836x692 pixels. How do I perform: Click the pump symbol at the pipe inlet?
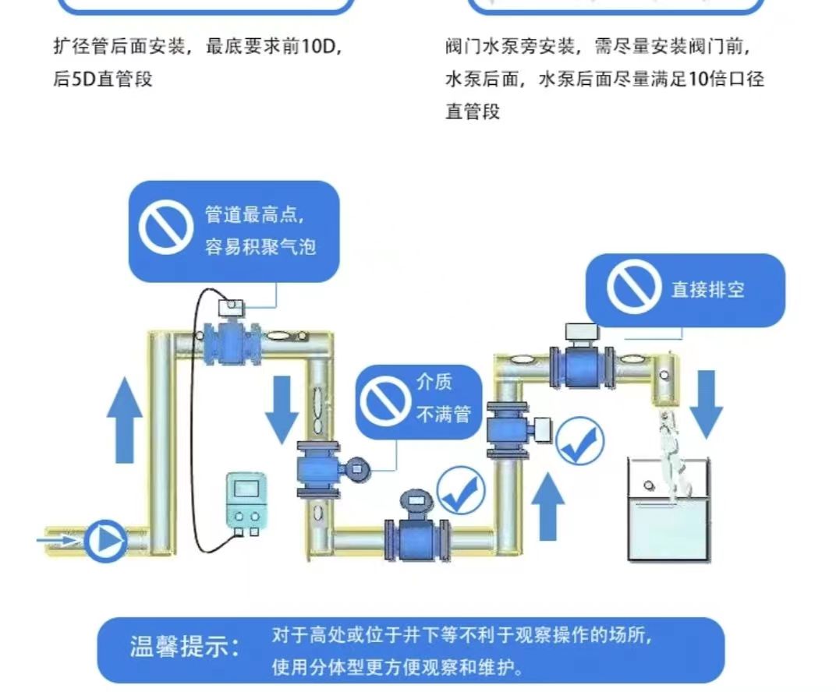(104, 540)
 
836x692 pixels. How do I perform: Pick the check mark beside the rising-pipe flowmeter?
(579, 440)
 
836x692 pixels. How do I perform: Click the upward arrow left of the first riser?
(124, 421)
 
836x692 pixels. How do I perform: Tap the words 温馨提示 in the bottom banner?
(185, 648)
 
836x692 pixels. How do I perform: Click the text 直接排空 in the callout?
(707, 289)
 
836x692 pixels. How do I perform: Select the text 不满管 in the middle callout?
(443, 415)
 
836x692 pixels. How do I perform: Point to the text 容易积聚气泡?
(260, 246)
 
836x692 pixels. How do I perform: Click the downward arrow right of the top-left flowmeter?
(282, 410)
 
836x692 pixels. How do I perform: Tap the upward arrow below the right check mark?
(550, 506)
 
